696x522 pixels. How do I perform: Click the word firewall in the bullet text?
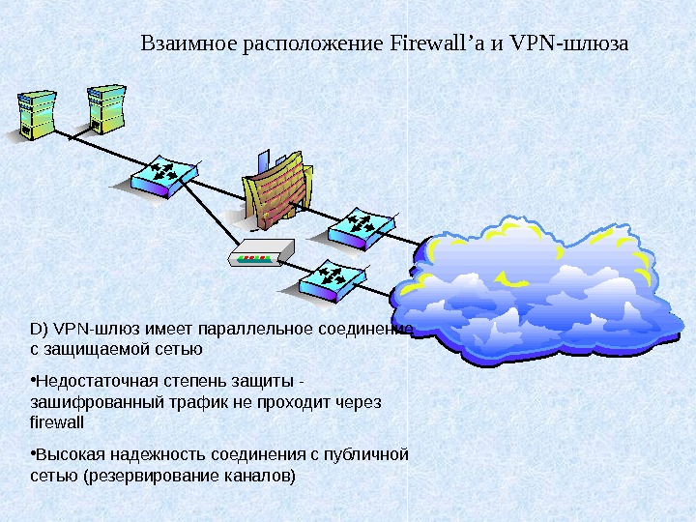coord(57,422)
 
